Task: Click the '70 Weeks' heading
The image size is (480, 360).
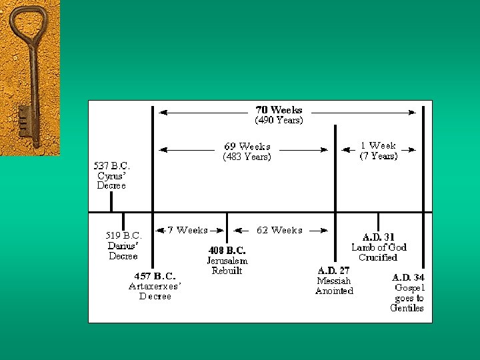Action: pyautogui.click(x=279, y=110)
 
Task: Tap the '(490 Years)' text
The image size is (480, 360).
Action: pyautogui.click(x=279, y=121)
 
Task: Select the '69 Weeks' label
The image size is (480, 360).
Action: pyautogui.click(x=247, y=147)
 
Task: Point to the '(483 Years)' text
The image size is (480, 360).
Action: pyautogui.click(x=247, y=157)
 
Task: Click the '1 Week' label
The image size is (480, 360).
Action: pyautogui.click(x=379, y=145)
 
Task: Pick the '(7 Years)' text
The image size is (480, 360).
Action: pyautogui.click(x=379, y=156)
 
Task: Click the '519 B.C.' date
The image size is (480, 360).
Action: pyautogui.click(x=124, y=235)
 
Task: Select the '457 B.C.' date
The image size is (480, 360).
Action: pyautogui.click(x=155, y=276)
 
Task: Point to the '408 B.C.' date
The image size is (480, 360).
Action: pyautogui.click(x=227, y=251)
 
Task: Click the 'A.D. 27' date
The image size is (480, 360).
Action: pyautogui.click(x=334, y=271)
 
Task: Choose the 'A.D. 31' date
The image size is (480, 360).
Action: pyautogui.click(x=379, y=237)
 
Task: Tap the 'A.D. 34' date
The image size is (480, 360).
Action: pyautogui.click(x=408, y=277)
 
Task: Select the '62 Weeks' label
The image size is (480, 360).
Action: pyautogui.click(x=279, y=230)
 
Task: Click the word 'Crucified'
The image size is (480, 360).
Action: pyautogui.click(x=378, y=257)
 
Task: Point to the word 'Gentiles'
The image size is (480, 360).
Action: pyautogui.click(x=407, y=308)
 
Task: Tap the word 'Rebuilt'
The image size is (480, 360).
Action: pyautogui.click(x=227, y=271)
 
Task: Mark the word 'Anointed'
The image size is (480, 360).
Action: pyautogui.click(x=334, y=291)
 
